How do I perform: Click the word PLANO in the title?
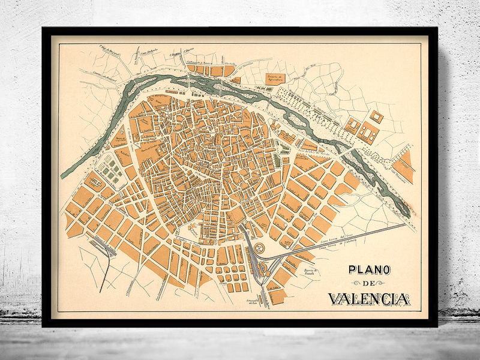click(x=368, y=271)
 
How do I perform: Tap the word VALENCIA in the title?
click(x=368, y=298)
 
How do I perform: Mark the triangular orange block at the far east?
click(x=404, y=166)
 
